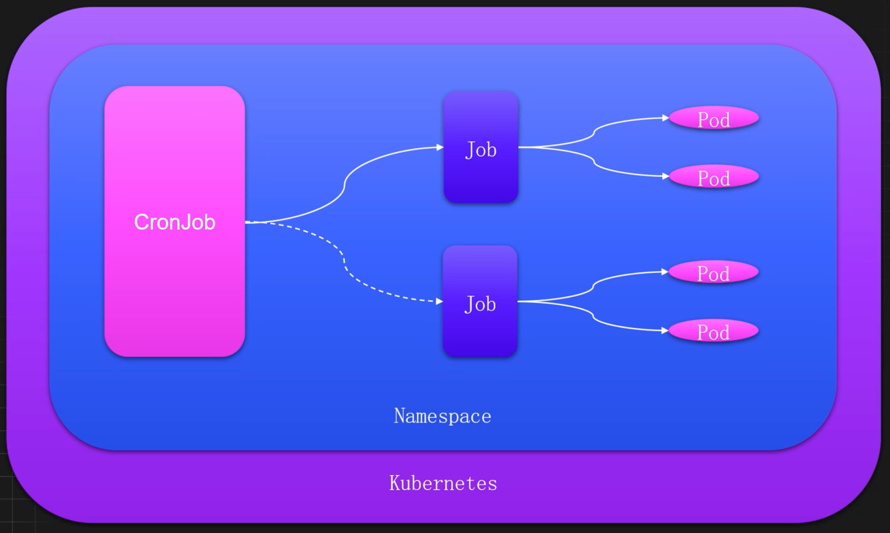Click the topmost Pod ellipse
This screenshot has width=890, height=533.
pyautogui.click(x=714, y=118)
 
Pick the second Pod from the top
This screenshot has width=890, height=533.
pyautogui.click(x=714, y=177)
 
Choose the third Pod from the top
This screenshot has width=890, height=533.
pyautogui.click(x=713, y=272)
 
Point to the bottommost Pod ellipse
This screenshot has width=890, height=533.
pyautogui.click(x=713, y=331)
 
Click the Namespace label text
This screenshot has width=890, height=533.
pyautogui.click(x=442, y=416)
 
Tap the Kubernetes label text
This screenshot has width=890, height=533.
pyautogui.click(x=443, y=483)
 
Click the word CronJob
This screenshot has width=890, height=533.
pyautogui.click(x=175, y=222)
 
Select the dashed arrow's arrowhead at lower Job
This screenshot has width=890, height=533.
pyautogui.click(x=439, y=301)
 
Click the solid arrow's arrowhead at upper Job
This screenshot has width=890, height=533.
pyautogui.click(x=440, y=147)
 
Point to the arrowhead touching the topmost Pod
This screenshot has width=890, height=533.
pyautogui.click(x=665, y=118)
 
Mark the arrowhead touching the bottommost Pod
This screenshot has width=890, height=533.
pyautogui.click(x=665, y=330)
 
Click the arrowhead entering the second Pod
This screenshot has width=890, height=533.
pyautogui.click(x=665, y=176)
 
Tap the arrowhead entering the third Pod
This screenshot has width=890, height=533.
pyautogui.click(x=665, y=272)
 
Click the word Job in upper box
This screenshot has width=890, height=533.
pyautogui.click(x=481, y=150)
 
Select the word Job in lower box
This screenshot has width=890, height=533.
pyautogui.click(x=480, y=304)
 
